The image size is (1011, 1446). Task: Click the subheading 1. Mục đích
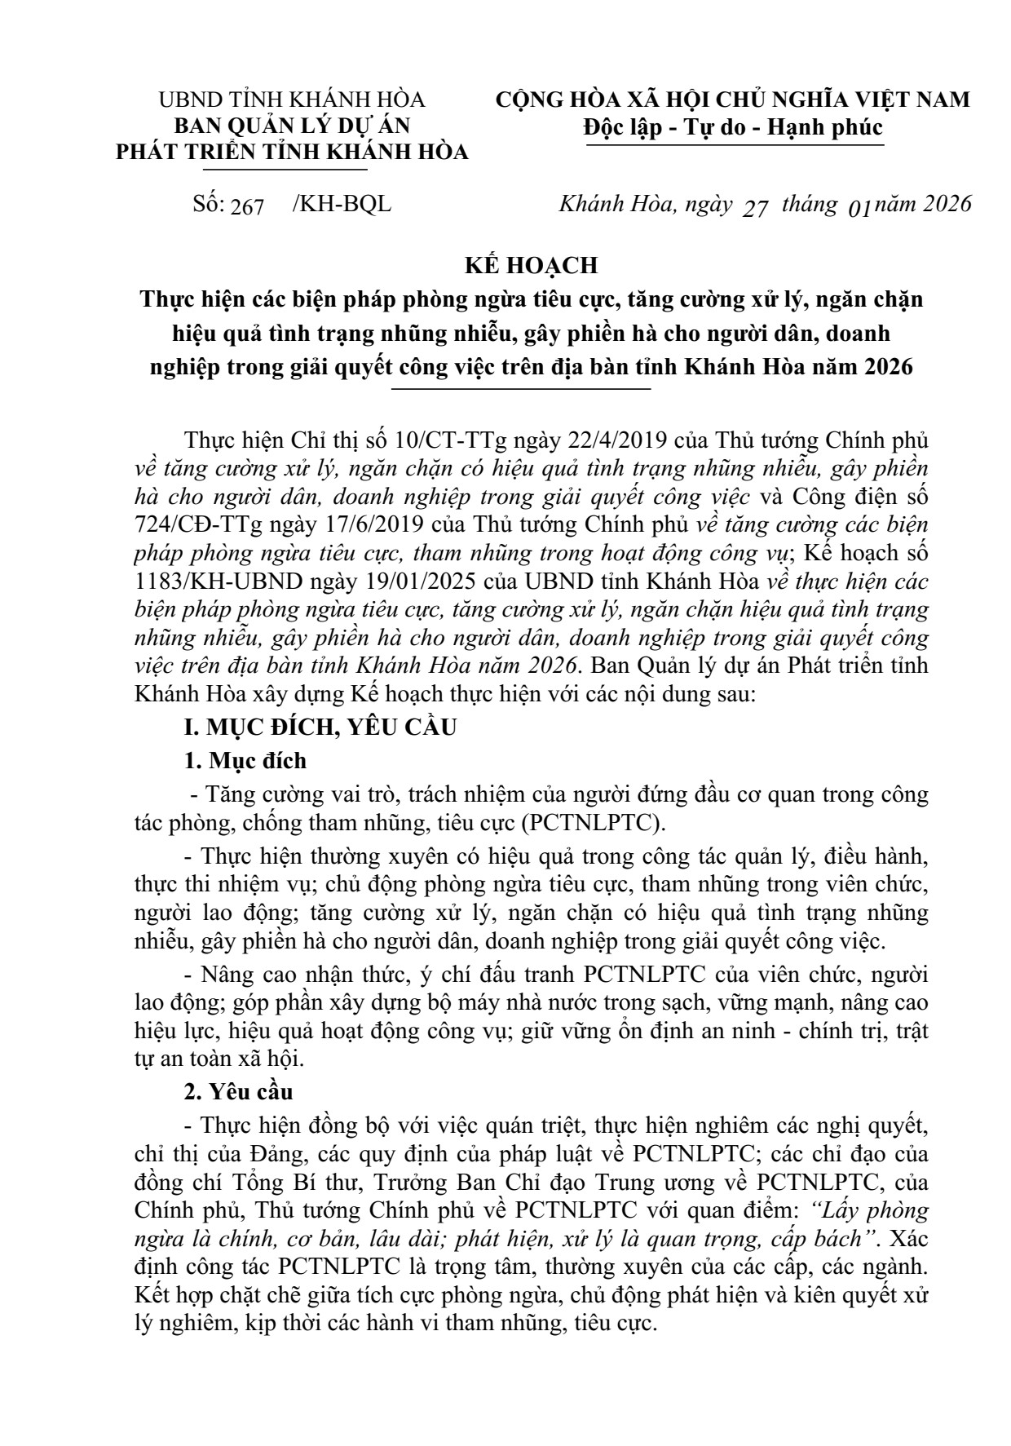pos(245,760)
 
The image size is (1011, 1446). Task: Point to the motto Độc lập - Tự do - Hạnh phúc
pos(733,128)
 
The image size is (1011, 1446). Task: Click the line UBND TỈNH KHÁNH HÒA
pos(292,99)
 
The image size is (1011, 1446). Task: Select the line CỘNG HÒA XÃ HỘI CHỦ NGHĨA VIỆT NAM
pos(733,99)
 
